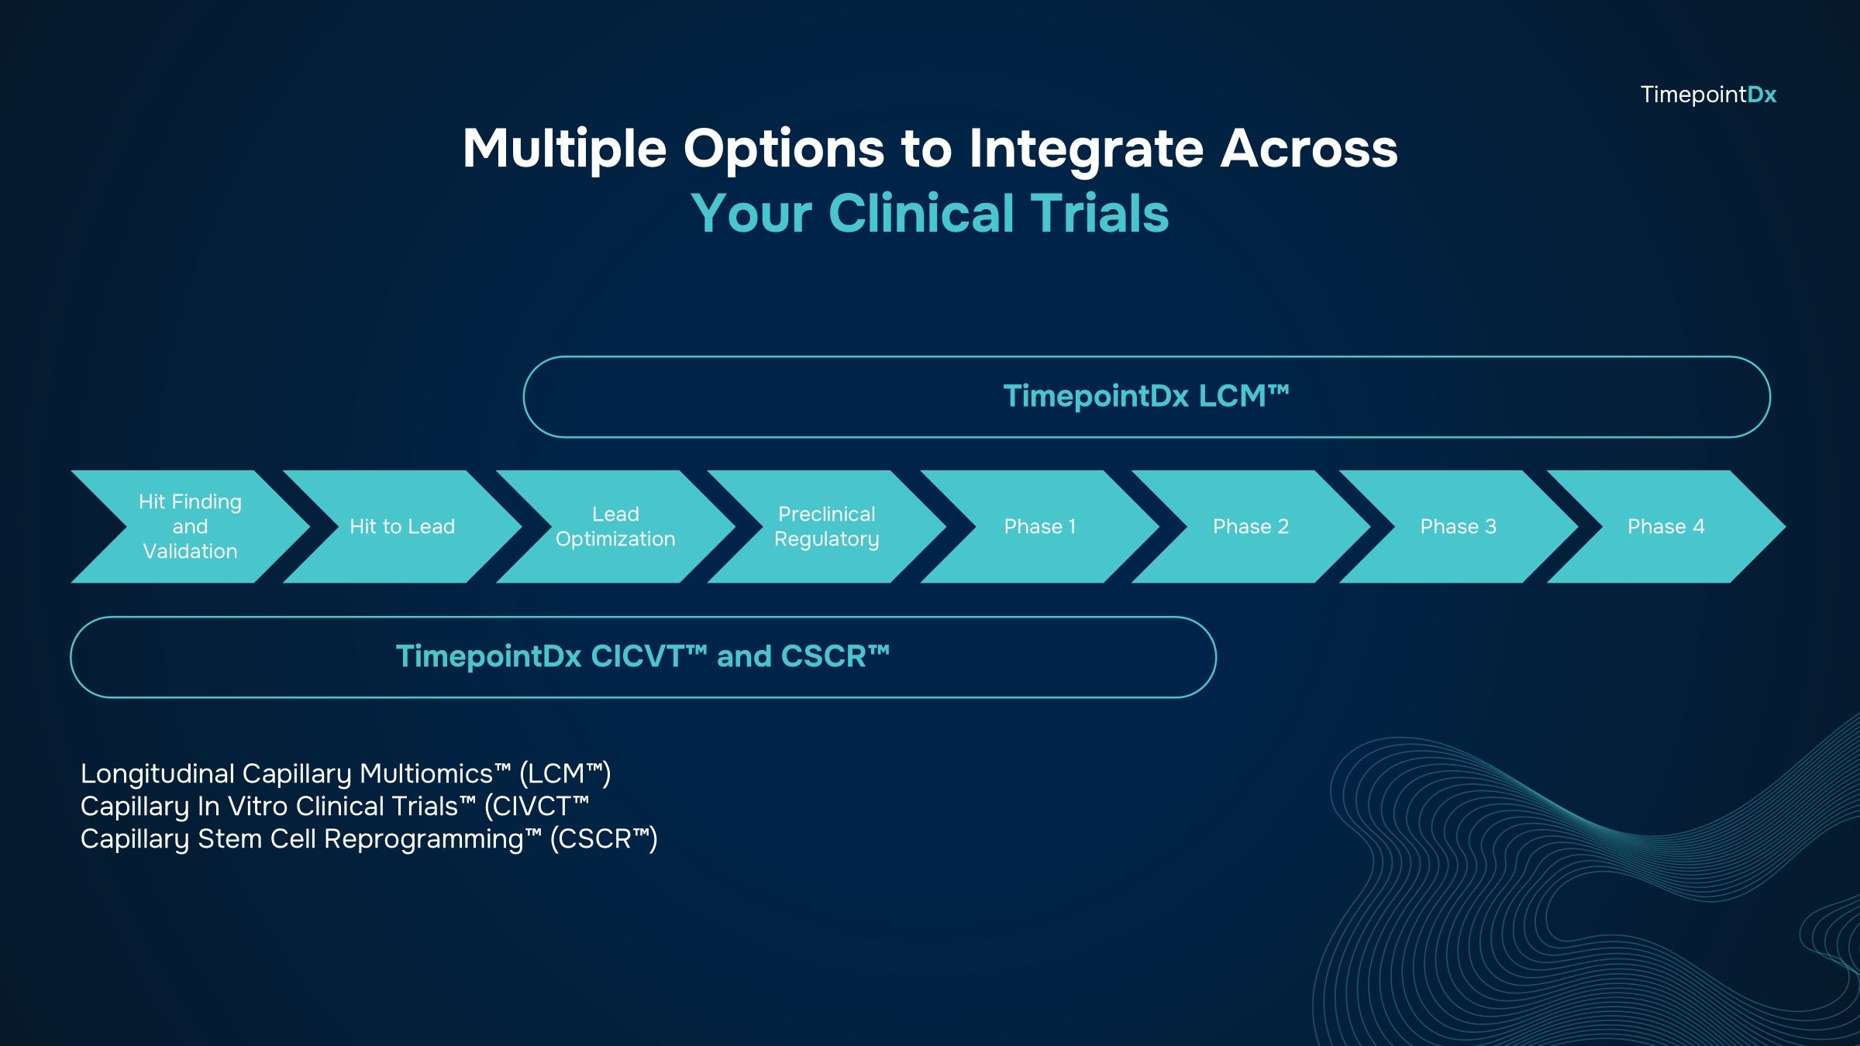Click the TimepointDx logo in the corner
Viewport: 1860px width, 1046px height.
tap(1708, 95)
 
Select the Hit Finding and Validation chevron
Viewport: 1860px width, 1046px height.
tap(190, 526)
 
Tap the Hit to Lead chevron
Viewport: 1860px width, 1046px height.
tap(402, 526)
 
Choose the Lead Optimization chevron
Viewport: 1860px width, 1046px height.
tap(615, 526)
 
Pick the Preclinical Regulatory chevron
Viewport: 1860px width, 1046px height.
tap(827, 526)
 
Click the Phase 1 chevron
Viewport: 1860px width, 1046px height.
tap(1040, 526)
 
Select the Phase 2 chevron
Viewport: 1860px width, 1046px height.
tap(1251, 526)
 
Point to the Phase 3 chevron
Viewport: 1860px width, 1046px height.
tap(1459, 526)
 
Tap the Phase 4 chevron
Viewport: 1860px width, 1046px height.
tap(1666, 526)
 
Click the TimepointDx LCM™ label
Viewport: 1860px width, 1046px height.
tap(1146, 396)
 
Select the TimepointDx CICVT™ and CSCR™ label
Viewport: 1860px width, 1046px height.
tap(642, 656)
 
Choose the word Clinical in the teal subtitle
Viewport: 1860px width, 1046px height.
tap(921, 213)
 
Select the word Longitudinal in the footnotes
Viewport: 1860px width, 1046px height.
tap(157, 773)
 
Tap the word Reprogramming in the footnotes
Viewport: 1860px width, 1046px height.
tap(423, 839)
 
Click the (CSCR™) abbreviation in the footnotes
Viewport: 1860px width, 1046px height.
tap(604, 839)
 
